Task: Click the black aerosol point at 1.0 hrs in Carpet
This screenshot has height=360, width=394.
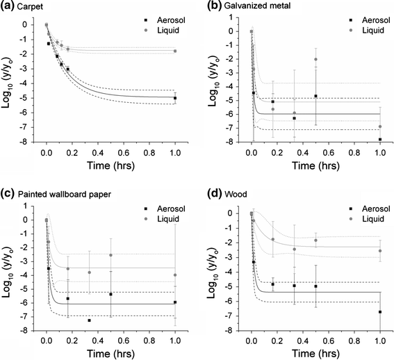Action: [x=175, y=98]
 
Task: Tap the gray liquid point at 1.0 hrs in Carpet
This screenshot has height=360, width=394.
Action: [x=175, y=51]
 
